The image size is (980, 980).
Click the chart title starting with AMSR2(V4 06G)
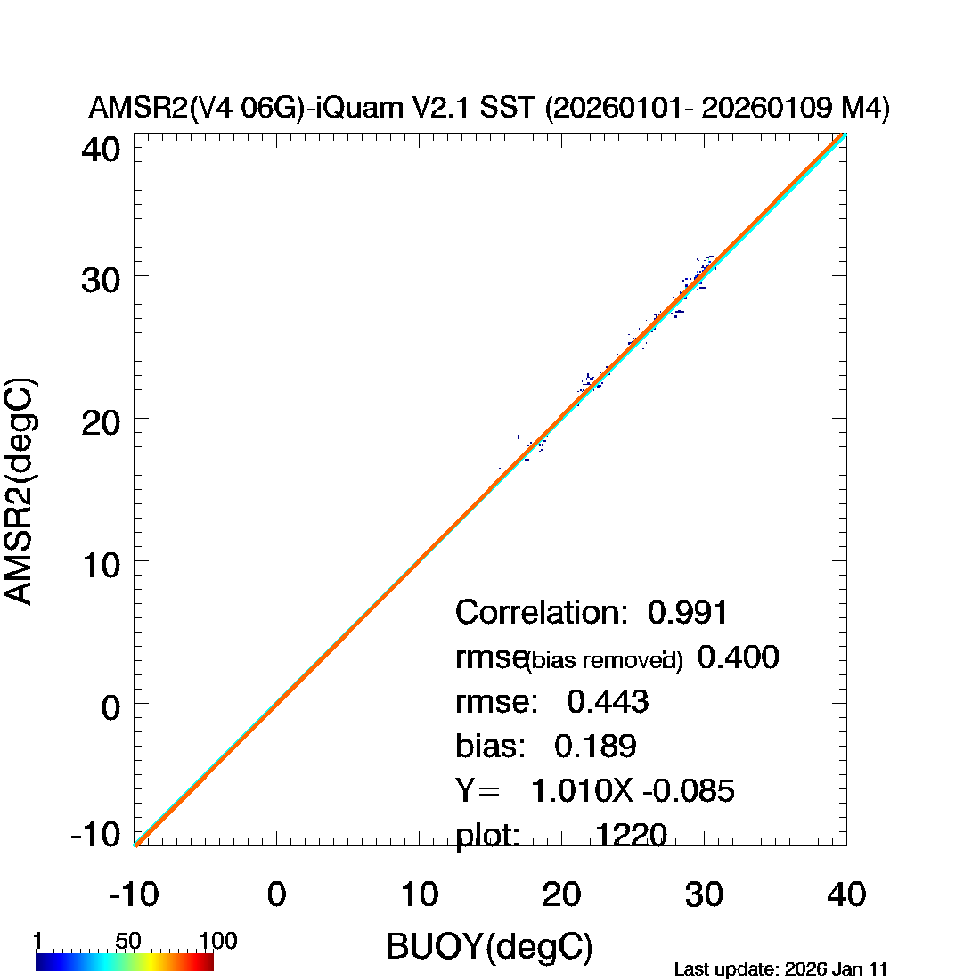[x=489, y=109]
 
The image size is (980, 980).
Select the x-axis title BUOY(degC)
[x=489, y=946]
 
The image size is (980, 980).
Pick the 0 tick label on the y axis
[x=110, y=707]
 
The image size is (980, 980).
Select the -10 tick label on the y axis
[x=95, y=835]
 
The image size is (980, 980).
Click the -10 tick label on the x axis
[x=134, y=894]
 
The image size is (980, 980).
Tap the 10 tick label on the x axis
[x=419, y=894]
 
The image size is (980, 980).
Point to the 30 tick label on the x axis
[x=704, y=894]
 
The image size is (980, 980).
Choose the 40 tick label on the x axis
[x=846, y=894]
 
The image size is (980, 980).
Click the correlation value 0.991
[x=688, y=613]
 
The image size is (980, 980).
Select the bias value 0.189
[x=595, y=747]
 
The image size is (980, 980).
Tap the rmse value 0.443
[x=608, y=702]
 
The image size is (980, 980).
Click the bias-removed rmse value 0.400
[x=738, y=657]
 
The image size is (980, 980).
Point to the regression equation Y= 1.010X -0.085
[x=595, y=790]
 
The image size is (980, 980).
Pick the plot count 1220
[x=631, y=835]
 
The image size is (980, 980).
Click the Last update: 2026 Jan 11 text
[x=780, y=969]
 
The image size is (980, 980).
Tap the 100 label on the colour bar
[x=217, y=942]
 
